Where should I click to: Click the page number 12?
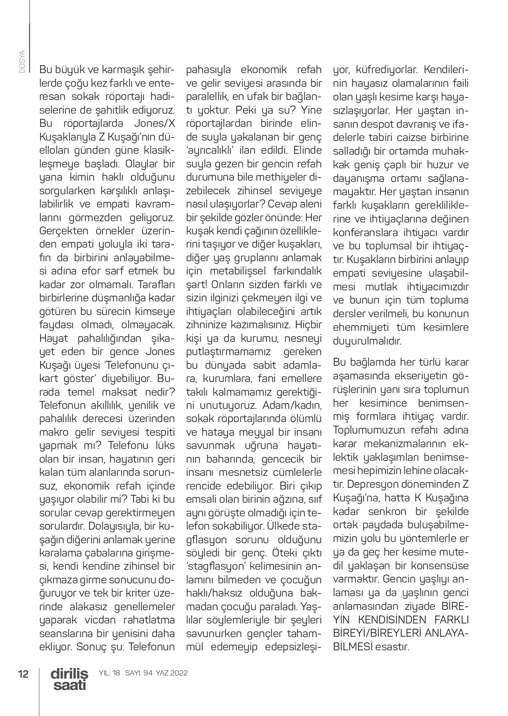[x=23, y=674]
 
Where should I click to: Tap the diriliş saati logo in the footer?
[x=69, y=679]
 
